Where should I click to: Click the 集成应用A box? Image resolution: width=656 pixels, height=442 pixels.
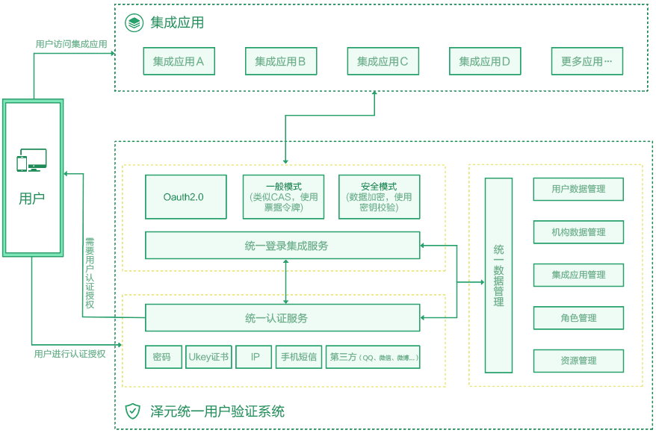point(179,61)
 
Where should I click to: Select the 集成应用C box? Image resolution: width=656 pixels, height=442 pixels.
point(383,61)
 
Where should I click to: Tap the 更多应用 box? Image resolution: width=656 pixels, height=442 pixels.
point(587,61)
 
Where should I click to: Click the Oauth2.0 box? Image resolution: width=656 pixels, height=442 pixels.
point(185,197)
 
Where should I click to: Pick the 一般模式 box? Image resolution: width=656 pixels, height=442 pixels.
point(283,197)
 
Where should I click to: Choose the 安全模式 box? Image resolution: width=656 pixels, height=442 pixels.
point(379,197)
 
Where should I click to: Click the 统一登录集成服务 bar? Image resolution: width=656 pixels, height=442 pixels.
point(282,245)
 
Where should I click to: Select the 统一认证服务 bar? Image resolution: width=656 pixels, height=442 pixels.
point(282,318)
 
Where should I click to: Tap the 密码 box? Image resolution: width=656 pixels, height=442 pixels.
point(161,357)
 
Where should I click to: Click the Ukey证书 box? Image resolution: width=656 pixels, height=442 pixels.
point(208,357)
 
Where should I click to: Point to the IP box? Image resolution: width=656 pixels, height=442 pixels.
point(255,357)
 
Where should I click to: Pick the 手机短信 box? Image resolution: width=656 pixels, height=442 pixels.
point(298,357)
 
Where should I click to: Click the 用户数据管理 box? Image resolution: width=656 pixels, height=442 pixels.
point(578,189)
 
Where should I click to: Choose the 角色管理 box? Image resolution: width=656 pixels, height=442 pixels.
point(578,318)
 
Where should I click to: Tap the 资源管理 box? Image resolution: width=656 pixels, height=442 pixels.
point(578,361)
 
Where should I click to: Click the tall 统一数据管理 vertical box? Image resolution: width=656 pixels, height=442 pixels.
point(498,275)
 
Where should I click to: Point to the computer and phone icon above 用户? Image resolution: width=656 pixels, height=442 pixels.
point(32,161)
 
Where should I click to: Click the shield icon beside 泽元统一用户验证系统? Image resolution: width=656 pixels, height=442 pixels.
point(132,411)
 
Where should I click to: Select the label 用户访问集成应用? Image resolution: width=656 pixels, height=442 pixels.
point(72,44)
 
